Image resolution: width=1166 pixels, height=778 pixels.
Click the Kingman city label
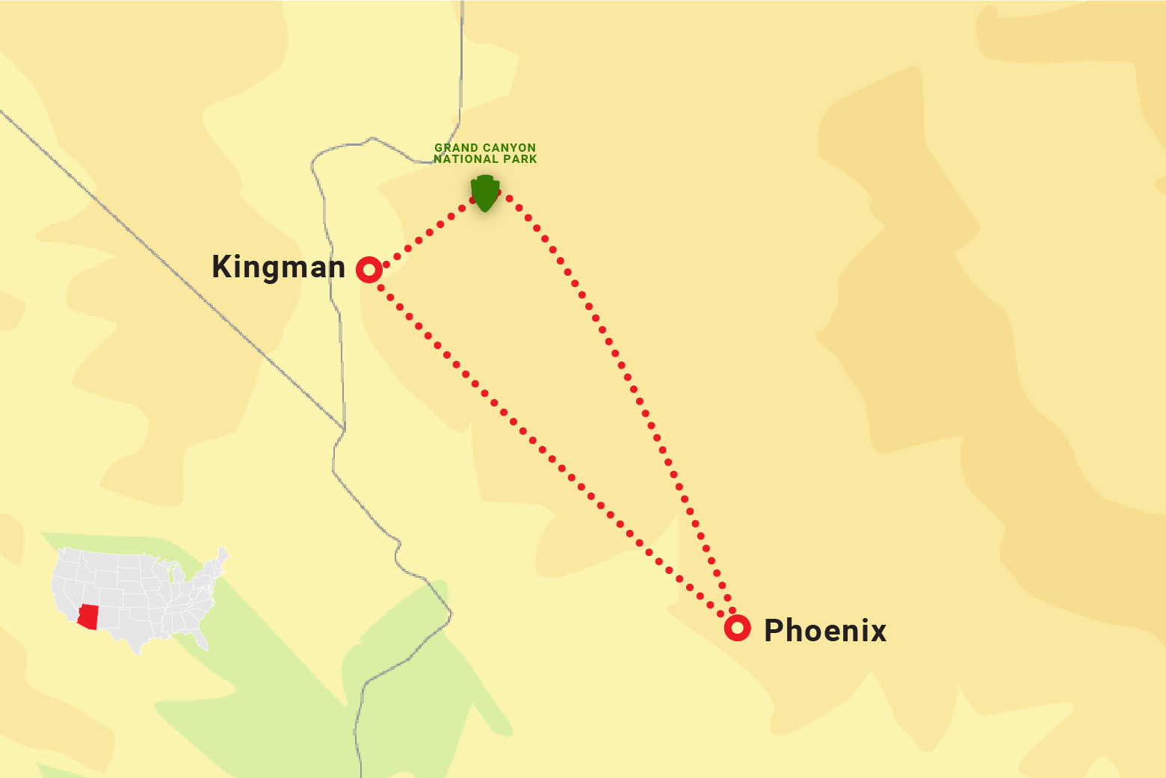pyautogui.click(x=278, y=267)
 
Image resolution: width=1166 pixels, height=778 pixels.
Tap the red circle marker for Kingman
pyautogui.click(x=369, y=269)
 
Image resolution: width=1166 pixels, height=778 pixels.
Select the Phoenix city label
pyautogui.click(x=824, y=631)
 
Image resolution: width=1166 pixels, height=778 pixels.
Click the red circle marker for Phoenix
pyautogui.click(x=738, y=628)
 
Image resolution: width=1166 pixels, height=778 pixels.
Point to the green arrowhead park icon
pyautogui.click(x=485, y=192)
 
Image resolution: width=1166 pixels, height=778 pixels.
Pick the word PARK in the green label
pyautogui.click(x=519, y=159)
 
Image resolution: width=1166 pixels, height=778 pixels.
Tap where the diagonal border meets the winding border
pyautogui.click(x=344, y=430)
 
